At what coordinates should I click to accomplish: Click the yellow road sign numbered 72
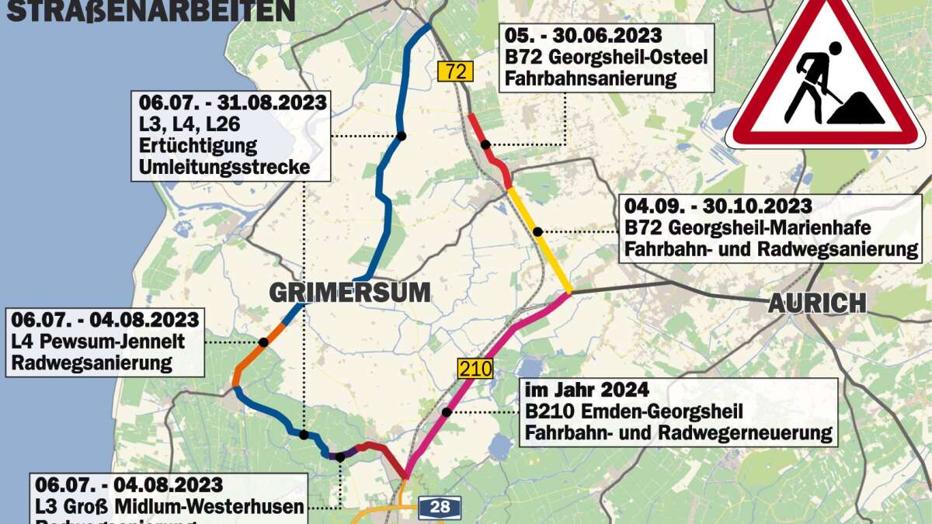(x=455, y=72)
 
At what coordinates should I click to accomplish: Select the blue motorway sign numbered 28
(x=440, y=507)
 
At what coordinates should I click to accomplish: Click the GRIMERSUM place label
(x=349, y=293)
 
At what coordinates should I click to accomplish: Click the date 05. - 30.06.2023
(x=582, y=36)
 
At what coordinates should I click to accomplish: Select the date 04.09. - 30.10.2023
(x=718, y=206)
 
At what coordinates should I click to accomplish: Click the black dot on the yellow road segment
(x=537, y=231)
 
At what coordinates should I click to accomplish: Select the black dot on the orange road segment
(x=263, y=342)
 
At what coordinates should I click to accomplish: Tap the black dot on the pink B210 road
(x=447, y=412)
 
